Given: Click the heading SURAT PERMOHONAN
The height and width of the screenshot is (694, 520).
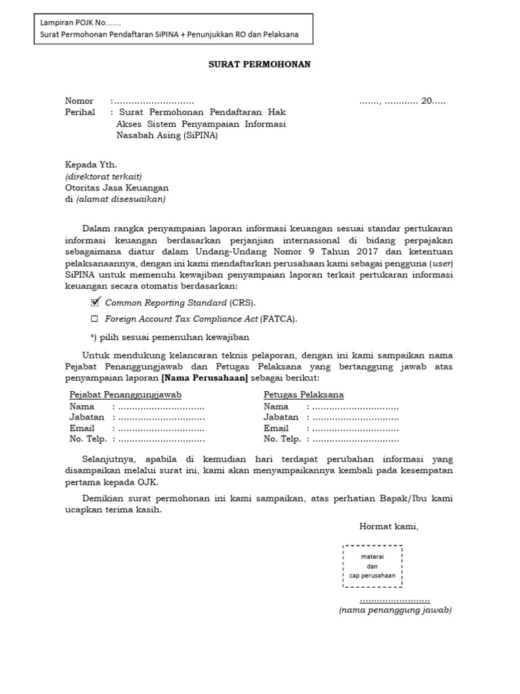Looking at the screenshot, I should (259, 64).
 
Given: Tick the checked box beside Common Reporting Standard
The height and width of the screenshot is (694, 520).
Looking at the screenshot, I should (95, 302).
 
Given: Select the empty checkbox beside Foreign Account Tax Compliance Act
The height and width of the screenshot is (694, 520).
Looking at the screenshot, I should (95, 319).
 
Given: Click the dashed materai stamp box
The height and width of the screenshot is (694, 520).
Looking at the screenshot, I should (372, 566).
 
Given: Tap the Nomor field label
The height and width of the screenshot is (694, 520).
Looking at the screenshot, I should (79, 101).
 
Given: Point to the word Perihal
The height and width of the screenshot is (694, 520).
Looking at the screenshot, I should (80, 113).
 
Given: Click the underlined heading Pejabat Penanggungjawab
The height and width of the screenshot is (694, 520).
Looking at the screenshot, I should (125, 394).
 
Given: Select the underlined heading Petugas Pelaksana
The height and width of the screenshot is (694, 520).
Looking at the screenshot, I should (303, 394).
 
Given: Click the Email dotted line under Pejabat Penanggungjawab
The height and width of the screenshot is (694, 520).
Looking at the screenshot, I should (161, 428).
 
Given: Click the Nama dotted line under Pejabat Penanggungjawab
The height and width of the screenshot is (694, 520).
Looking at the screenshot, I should (161, 407).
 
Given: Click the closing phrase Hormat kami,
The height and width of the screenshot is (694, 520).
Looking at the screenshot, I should (389, 526).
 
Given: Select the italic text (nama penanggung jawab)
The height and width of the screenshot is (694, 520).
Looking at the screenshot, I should (395, 610).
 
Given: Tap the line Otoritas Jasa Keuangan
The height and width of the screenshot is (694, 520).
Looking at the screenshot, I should (116, 188).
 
